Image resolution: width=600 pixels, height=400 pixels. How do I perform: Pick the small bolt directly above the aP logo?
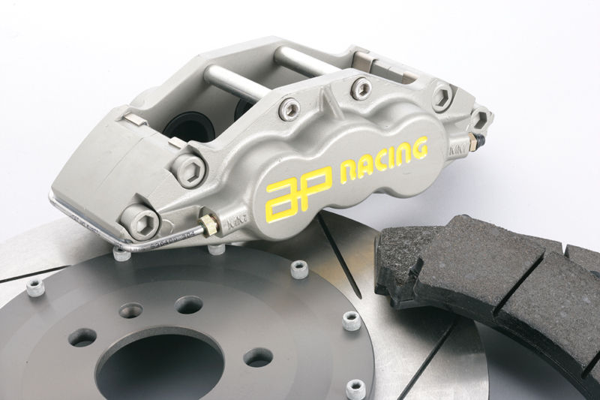click(289, 110)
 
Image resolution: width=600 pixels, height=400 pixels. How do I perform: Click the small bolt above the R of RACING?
click(361, 89)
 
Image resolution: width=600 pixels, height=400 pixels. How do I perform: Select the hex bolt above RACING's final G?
click(442, 97)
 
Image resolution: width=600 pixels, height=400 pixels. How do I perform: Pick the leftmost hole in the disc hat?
click(82, 337)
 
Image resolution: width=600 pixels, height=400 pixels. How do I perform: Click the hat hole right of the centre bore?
click(257, 356)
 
